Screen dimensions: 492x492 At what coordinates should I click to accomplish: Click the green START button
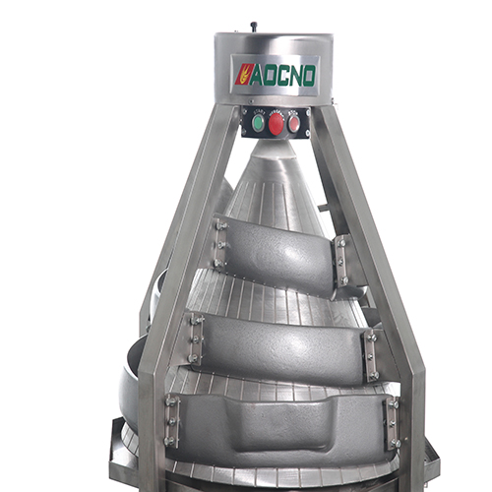(x=257, y=123)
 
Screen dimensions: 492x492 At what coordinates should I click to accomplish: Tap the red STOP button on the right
(x=293, y=124)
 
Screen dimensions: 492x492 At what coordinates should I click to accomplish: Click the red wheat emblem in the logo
(x=241, y=75)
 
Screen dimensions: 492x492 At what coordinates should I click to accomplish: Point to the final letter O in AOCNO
(x=308, y=75)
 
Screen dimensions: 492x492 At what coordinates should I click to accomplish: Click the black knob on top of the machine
(x=253, y=27)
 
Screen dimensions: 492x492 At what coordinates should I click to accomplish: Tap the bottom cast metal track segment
(x=280, y=428)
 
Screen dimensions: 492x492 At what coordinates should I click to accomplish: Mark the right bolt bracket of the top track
(x=341, y=261)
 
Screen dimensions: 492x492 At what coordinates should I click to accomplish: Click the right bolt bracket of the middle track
(x=371, y=355)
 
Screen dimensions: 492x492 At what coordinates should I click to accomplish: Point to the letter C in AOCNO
(x=280, y=75)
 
